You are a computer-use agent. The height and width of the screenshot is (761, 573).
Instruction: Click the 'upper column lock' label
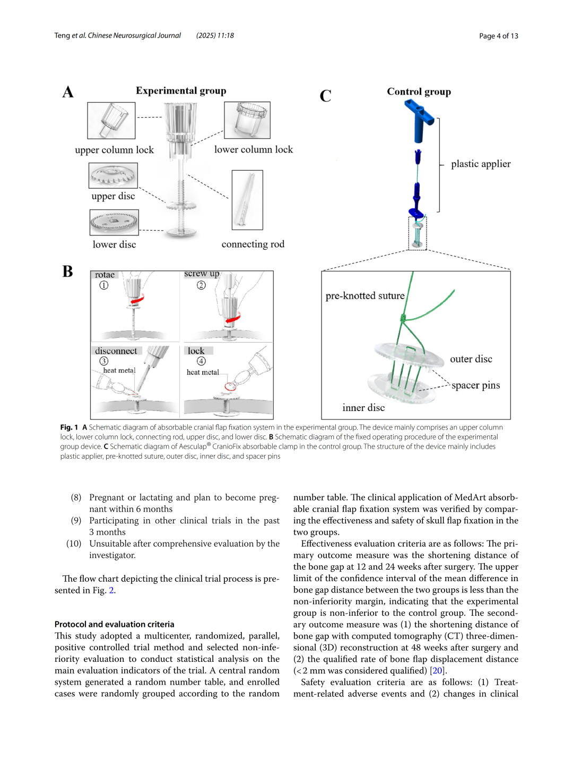tap(114, 150)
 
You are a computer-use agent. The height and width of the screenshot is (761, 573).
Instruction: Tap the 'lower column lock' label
tap(254, 150)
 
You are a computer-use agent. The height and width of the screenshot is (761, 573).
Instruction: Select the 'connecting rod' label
tap(253, 244)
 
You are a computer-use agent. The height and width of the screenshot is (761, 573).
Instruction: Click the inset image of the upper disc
tap(113, 176)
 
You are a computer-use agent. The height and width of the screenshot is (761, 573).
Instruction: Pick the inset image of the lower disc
tap(114, 222)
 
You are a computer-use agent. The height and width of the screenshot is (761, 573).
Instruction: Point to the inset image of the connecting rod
tap(247, 200)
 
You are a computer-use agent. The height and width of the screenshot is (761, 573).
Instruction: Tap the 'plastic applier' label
tap(481, 164)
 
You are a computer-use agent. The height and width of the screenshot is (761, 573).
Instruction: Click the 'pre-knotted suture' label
tap(365, 296)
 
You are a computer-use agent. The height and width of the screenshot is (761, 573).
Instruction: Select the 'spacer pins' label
tap(475, 385)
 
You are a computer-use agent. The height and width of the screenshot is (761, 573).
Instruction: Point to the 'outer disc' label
tap(471, 359)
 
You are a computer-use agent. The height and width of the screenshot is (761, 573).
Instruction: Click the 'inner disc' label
tap(363, 407)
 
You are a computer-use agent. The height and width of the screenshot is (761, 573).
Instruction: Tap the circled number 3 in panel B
tap(103, 361)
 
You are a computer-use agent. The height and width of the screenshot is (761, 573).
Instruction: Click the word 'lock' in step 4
tap(196, 351)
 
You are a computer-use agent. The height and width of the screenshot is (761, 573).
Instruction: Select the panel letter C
tap(325, 96)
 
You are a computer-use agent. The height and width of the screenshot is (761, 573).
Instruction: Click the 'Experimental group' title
tap(181, 91)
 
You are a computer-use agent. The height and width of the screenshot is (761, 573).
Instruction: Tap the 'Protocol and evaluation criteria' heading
tap(114, 624)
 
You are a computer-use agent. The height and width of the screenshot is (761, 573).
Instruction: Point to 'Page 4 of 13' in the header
tap(498, 36)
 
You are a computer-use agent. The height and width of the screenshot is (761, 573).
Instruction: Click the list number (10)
tap(74, 543)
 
